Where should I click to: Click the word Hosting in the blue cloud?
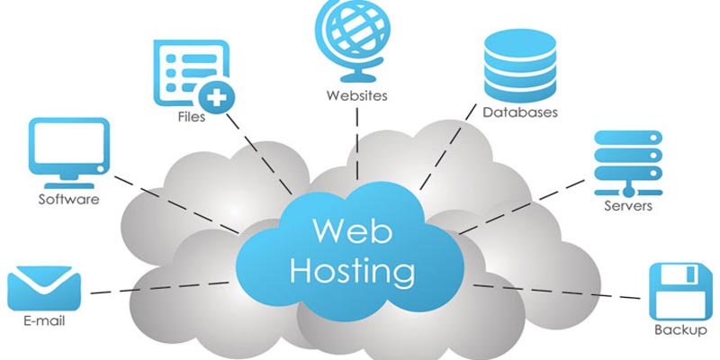353,268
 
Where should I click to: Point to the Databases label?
520,113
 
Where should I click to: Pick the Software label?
68,200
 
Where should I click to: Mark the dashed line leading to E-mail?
162,285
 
